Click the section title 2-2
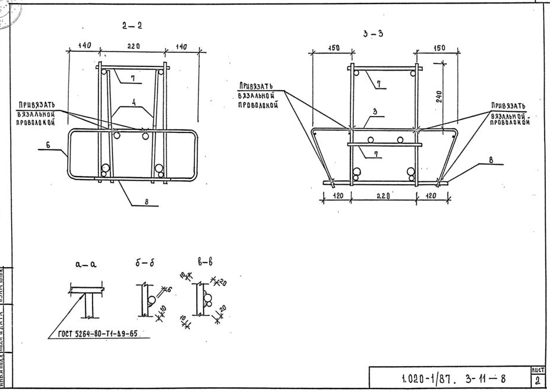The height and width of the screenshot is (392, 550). click(132, 25)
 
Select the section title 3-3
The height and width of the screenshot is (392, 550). click(373, 34)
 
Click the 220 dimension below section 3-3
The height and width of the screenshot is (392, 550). click(384, 196)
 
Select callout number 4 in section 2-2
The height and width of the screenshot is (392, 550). click(134, 102)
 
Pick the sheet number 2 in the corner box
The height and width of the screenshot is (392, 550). click(538, 380)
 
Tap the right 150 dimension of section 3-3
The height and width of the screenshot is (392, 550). click(439, 48)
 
